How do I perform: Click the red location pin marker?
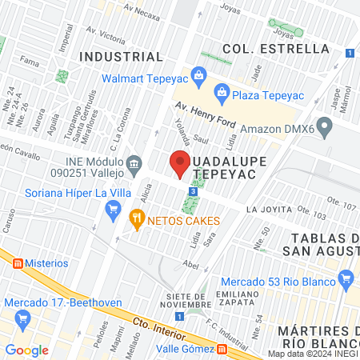(179, 163)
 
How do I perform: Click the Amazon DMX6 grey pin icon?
(324, 126)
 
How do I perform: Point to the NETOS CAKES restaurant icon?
(137, 217)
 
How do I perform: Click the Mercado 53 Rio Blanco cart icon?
(346, 280)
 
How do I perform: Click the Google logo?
(26, 350)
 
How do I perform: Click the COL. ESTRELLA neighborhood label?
(276, 49)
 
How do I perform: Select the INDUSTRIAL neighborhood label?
(122, 57)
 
